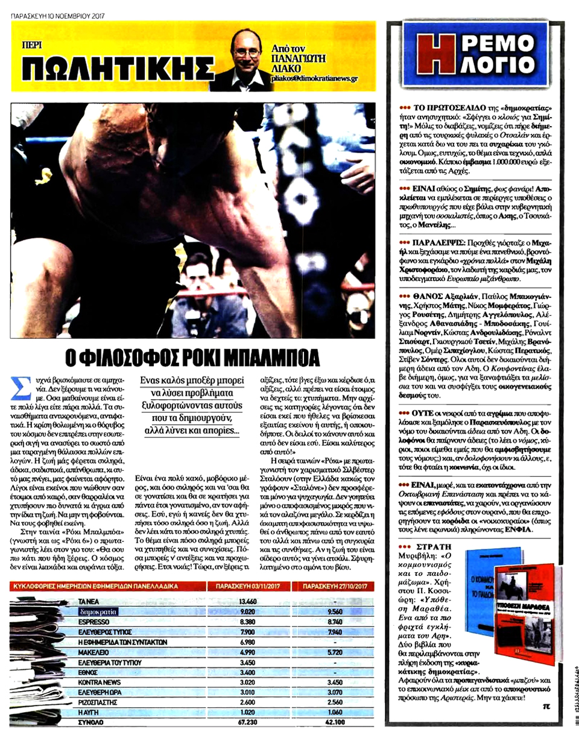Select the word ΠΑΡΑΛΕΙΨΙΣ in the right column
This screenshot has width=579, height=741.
click(x=433, y=240)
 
